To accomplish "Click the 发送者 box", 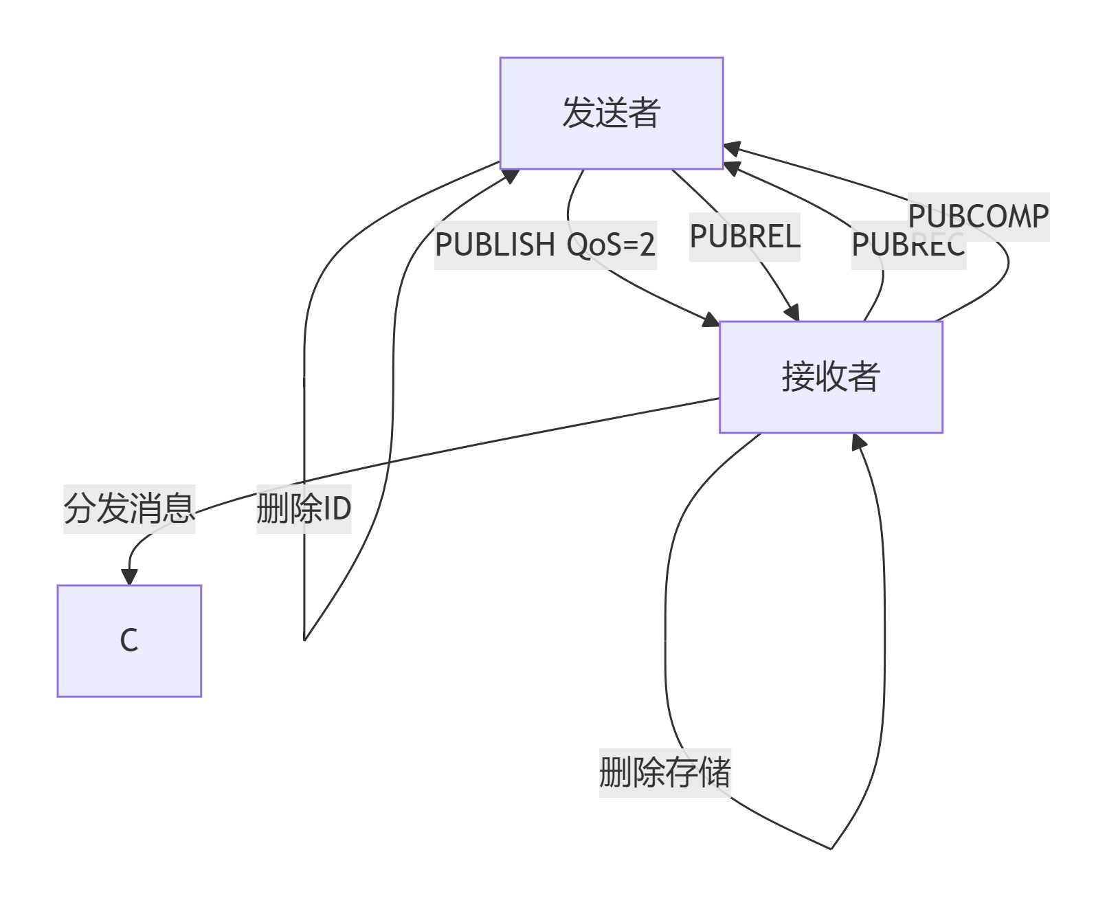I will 611,113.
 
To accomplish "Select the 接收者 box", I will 830,377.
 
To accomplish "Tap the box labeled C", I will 129,640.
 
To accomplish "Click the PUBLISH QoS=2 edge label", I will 546,245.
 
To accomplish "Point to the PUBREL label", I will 745,237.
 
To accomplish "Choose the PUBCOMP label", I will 979,216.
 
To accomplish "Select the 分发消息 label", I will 129,509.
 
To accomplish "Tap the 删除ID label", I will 304,509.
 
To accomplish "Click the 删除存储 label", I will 664,772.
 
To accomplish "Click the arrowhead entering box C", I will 129,577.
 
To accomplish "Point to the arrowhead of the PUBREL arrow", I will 792,313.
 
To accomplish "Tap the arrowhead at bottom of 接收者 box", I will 858,442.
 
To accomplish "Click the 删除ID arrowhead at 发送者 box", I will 510,175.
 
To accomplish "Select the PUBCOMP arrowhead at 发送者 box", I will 732,148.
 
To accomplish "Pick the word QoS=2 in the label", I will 611,245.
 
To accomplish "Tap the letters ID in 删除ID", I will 337,509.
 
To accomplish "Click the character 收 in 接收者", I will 830,377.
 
